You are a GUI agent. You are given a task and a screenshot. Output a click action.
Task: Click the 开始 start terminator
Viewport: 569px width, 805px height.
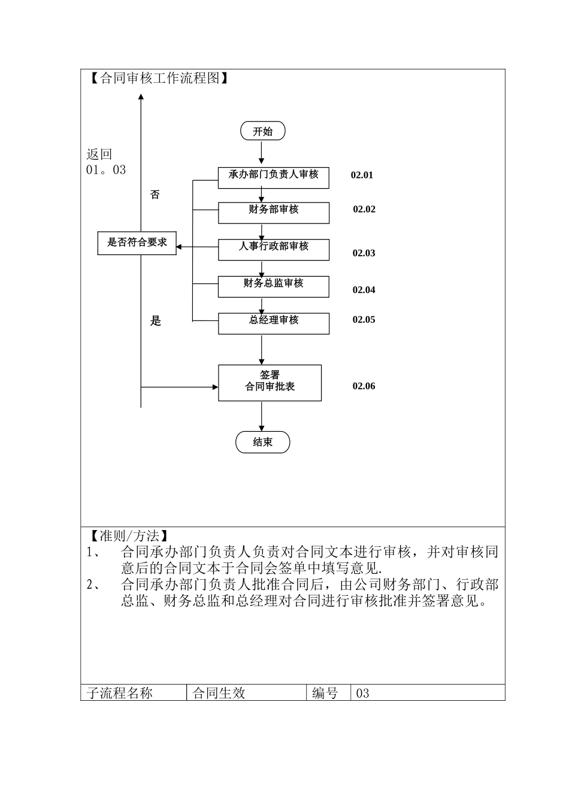click(262, 131)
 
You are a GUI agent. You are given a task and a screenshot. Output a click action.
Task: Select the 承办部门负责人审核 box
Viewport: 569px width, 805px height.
click(273, 177)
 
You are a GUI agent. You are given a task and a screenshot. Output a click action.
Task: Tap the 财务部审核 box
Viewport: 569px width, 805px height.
click(273, 212)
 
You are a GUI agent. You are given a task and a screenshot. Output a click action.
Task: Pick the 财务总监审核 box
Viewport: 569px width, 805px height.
click(273, 286)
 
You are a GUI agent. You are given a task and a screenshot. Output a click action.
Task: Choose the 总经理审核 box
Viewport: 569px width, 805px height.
click(273, 323)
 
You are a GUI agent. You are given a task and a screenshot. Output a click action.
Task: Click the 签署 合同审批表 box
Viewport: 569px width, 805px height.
click(270, 382)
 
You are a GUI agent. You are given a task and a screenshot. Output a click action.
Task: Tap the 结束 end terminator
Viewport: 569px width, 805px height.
click(262, 442)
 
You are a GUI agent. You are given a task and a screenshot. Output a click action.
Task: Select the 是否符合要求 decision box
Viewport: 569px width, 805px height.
click(137, 243)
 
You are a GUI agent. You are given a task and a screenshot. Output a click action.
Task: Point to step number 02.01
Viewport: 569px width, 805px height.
click(362, 175)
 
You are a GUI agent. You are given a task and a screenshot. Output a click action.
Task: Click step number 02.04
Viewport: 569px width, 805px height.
click(364, 290)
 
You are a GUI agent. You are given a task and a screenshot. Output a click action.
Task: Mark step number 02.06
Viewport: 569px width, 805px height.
click(364, 386)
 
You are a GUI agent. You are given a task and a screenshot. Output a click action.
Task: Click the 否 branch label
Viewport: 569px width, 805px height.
click(155, 195)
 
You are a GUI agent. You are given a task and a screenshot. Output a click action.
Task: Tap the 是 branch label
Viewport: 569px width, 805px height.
click(156, 321)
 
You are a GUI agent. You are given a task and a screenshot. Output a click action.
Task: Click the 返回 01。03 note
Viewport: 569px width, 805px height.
click(106, 162)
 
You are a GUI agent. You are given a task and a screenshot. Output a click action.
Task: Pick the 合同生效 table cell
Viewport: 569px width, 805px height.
click(219, 693)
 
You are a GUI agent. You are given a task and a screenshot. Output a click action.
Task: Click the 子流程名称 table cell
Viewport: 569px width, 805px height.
click(120, 693)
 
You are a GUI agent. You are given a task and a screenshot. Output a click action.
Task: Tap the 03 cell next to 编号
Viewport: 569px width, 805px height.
click(363, 693)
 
